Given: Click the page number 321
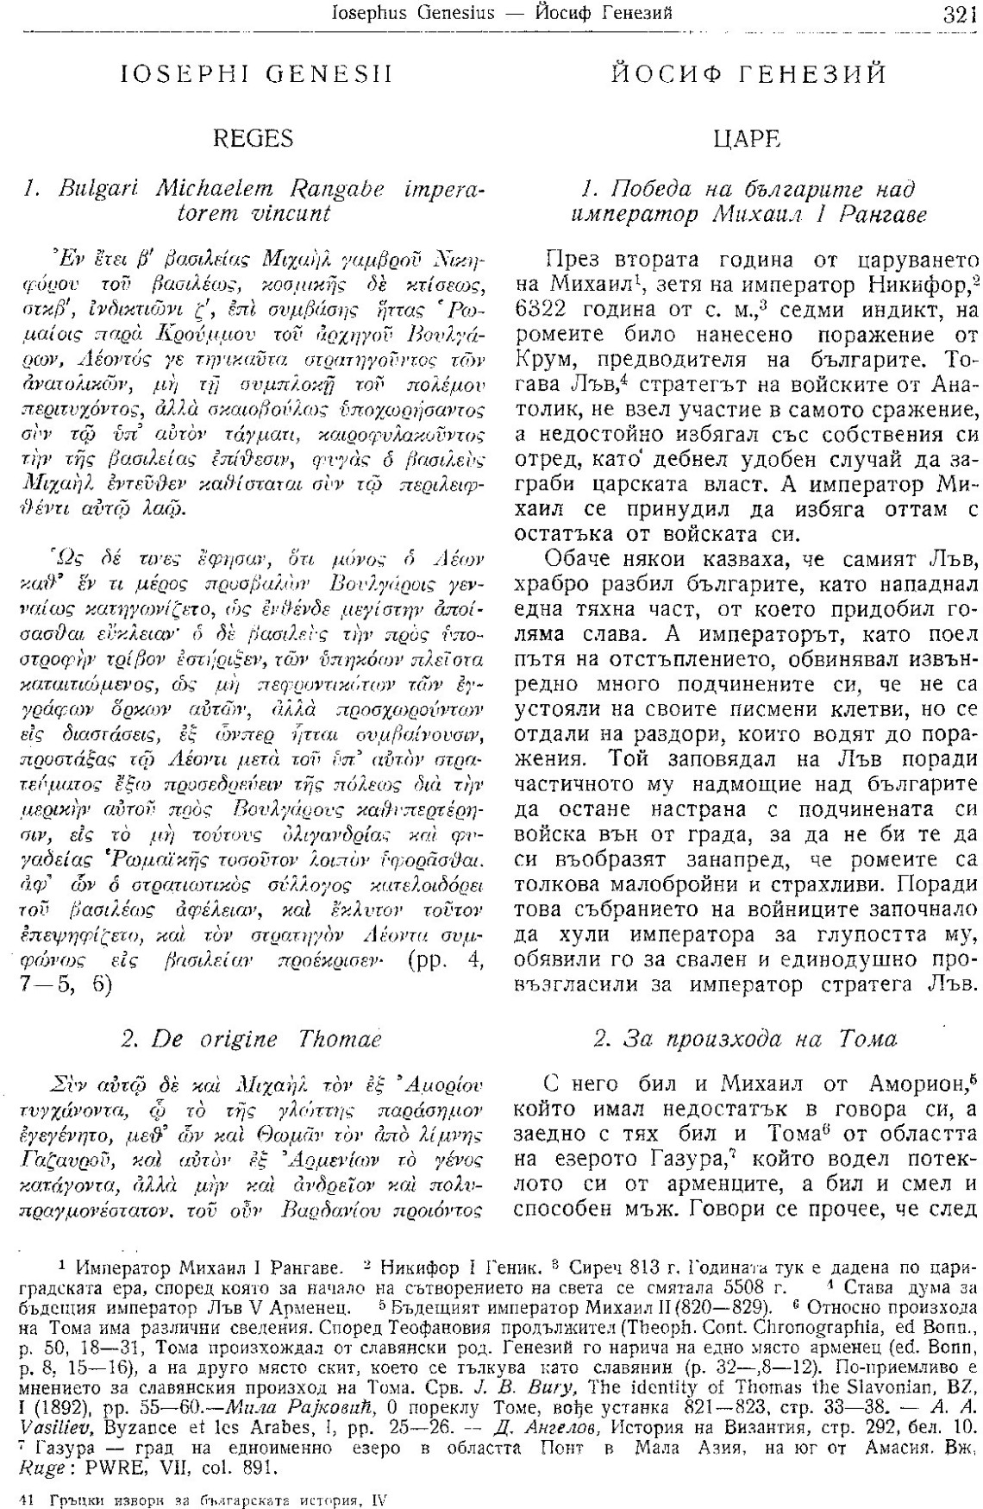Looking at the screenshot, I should pyautogui.click(x=958, y=13).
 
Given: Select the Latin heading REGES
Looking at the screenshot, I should pyautogui.click(x=253, y=138).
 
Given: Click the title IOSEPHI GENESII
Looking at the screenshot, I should pyautogui.click(x=258, y=75).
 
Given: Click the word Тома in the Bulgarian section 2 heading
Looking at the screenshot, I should pyautogui.click(x=868, y=1039).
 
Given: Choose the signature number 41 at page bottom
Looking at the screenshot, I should pyautogui.click(x=25, y=1500).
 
